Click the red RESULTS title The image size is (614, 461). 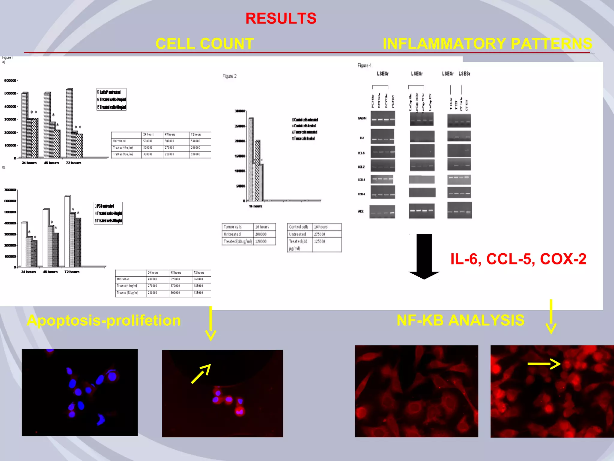pos(281,19)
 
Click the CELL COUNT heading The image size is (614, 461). pos(205,44)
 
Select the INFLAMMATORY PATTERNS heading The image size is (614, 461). pos(487,44)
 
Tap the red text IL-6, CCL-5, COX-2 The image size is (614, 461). pos(518,259)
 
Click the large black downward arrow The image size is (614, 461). pos(424,257)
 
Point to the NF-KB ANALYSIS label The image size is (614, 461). pos(460,320)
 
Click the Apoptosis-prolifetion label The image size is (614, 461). pos(104,321)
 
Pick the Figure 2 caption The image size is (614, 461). pos(229,76)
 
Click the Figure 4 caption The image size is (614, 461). pos(364,65)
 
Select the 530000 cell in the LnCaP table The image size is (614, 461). pos(195,141)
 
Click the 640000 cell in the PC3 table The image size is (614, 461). pos(198,279)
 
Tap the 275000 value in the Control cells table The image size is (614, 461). pos(320,234)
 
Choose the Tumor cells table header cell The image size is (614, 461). pos(233,227)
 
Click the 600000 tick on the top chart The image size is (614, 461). pos(10,80)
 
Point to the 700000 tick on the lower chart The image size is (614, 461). pos(10,190)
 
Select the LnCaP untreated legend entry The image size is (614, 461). pos(110,92)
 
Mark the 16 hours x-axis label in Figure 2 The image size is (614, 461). pos(255,206)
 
